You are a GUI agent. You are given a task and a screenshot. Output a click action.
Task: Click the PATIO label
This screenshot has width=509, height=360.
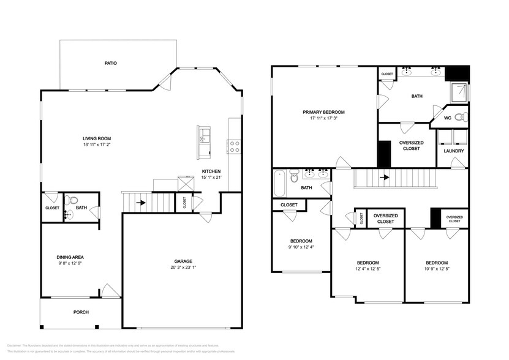point(110,63)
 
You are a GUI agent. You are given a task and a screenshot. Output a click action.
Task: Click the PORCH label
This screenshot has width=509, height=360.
point(81,312)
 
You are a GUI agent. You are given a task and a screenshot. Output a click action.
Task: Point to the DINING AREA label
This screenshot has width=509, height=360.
point(70,257)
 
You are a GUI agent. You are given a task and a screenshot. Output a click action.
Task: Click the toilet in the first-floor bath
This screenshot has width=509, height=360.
point(72,200)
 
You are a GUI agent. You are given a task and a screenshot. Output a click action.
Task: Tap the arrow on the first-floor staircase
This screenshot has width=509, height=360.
point(140,202)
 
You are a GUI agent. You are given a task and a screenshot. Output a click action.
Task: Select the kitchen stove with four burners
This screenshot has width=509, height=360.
point(234,146)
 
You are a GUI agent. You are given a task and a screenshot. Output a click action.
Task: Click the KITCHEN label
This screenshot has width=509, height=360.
point(211,171)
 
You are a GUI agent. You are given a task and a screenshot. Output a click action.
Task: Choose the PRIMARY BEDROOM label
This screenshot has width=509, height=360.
point(323,112)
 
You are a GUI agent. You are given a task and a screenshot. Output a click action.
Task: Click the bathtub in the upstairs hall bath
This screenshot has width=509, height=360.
point(280,182)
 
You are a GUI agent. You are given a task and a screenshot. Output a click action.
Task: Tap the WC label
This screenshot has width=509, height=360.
point(447,118)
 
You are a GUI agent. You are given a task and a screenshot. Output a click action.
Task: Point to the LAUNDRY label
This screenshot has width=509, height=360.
point(453,151)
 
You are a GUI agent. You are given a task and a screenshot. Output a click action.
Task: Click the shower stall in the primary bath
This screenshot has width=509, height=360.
point(459,92)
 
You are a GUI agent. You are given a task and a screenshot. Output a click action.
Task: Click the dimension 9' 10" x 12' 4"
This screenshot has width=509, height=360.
point(301,247)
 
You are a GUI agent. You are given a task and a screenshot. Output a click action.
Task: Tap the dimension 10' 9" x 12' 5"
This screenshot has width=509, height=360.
point(437,268)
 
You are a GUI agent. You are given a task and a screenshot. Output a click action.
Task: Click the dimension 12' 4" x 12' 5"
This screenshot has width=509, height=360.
point(368,268)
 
